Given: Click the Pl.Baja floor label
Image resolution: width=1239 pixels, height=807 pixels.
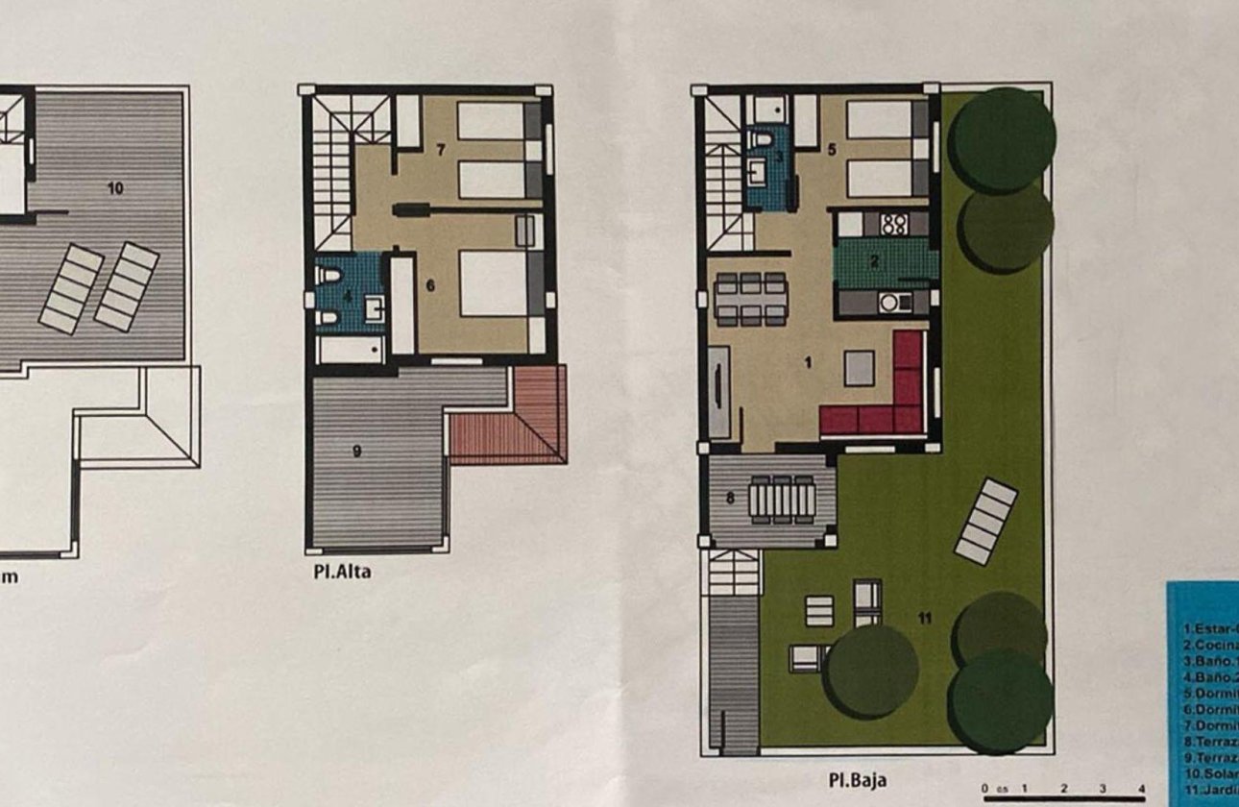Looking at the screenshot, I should pyautogui.click(x=858, y=780).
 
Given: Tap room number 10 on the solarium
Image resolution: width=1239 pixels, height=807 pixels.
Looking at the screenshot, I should pyautogui.click(x=115, y=188).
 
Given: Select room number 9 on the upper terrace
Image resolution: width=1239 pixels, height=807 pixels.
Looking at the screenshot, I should pyautogui.click(x=357, y=451).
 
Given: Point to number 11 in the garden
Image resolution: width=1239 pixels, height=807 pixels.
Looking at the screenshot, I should pyautogui.click(x=925, y=619).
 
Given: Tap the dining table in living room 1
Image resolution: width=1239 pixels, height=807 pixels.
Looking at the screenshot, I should pyautogui.click(x=751, y=299).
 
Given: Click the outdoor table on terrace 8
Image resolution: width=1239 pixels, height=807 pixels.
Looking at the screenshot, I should pyautogui.click(x=781, y=499).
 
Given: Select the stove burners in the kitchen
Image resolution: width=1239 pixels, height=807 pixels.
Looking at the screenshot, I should pyautogui.click(x=894, y=225).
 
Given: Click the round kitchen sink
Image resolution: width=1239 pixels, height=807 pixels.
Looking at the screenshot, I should pyautogui.click(x=889, y=303).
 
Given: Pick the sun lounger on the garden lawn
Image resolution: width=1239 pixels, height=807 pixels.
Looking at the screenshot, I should pyautogui.click(x=985, y=522).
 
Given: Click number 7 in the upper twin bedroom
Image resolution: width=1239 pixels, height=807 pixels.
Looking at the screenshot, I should pyautogui.click(x=441, y=150).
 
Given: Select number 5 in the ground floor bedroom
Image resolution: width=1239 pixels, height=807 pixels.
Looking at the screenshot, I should pyautogui.click(x=832, y=150).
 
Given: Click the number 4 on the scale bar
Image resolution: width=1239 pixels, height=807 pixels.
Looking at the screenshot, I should pyautogui.click(x=1140, y=789).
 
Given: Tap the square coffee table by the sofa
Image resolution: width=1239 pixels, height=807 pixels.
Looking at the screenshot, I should pyautogui.click(x=860, y=367).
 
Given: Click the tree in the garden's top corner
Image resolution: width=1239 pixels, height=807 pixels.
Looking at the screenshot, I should pyautogui.click(x=1001, y=139).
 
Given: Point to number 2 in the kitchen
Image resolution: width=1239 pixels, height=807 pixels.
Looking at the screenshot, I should pyautogui.click(x=875, y=260).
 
